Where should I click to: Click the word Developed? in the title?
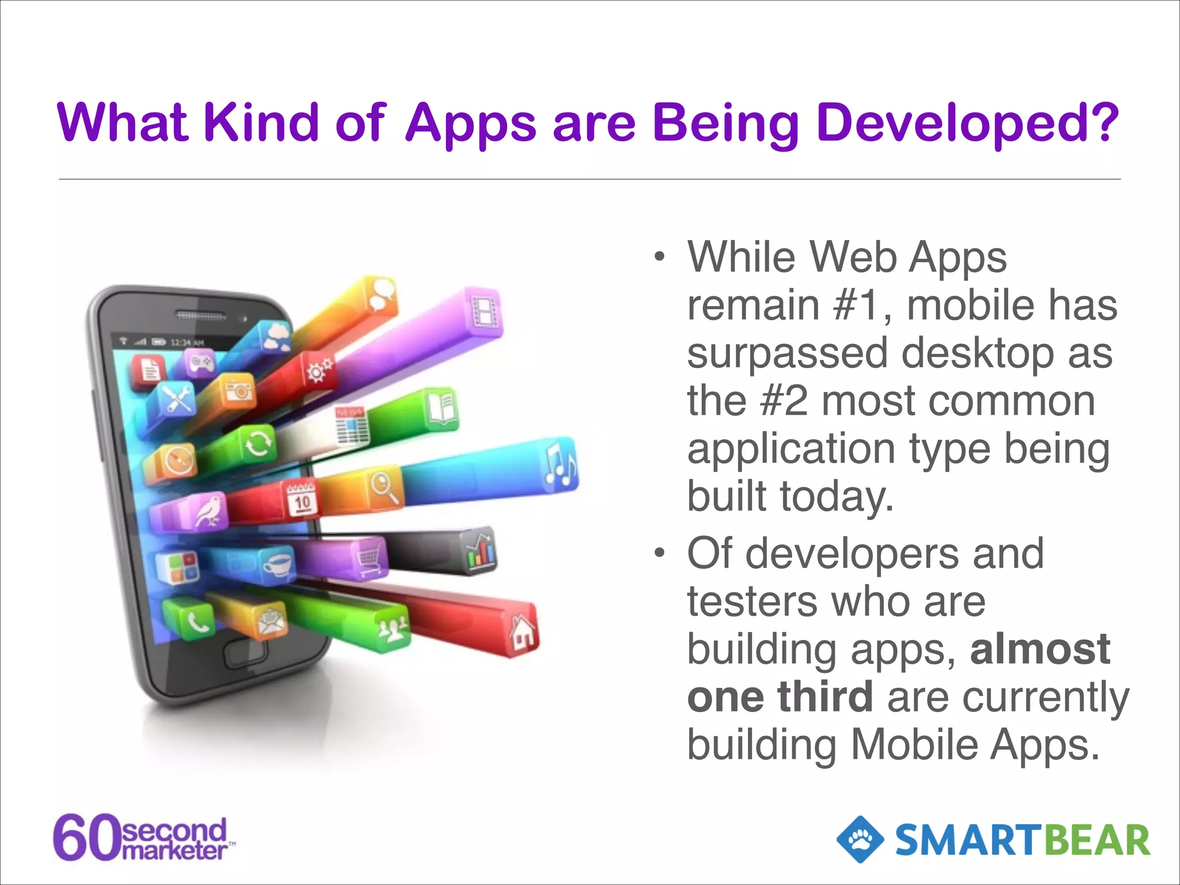pyautogui.click(x=967, y=123)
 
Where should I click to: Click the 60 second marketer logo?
pyautogui.click(x=143, y=838)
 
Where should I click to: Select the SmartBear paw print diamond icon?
pyautogui.click(x=860, y=839)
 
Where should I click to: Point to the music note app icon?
pyautogui.click(x=559, y=464)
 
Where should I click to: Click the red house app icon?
pyautogui.click(x=523, y=631)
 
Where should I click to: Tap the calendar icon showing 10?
pyautogui.click(x=302, y=499)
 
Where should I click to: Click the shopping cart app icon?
pyautogui.click(x=369, y=558)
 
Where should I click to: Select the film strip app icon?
pyautogui.click(x=485, y=312)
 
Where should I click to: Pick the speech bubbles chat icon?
pyautogui.click(x=381, y=294)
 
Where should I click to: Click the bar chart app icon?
pyautogui.click(x=480, y=551)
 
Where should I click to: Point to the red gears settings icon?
pyautogui.click(x=319, y=370)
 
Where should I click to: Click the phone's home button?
pyautogui.click(x=247, y=653)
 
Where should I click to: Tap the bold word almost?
pyautogui.click(x=1040, y=649)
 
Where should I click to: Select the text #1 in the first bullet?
pyautogui.click(x=857, y=305)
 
